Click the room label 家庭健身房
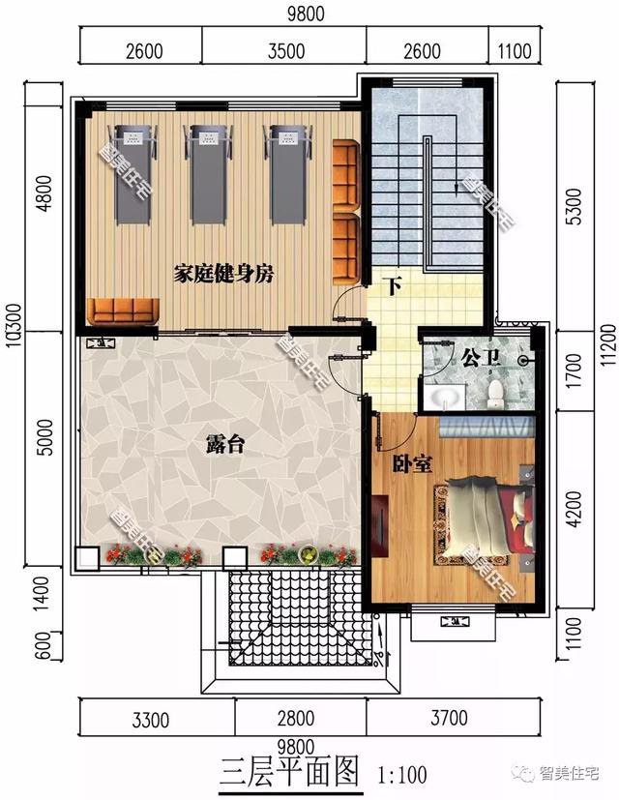click(223, 274)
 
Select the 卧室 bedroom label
click(411, 464)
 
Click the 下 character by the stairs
click(392, 286)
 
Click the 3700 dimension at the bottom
click(448, 719)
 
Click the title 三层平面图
click(288, 771)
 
